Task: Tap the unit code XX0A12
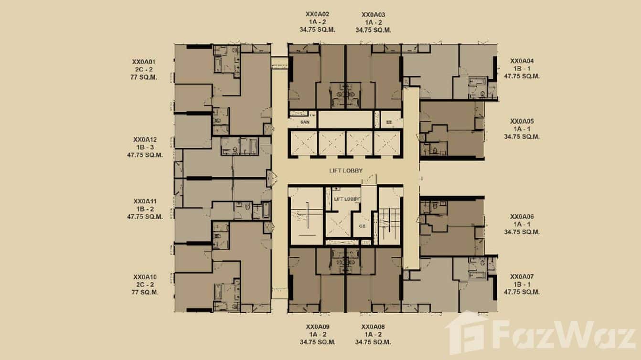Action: pos(145,139)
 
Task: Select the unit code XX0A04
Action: pos(522,61)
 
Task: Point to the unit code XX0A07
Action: pos(522,276)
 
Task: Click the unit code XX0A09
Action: pos(318,327)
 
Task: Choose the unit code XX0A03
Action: pos(373,14)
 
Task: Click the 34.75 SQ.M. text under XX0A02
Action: pos(318,30)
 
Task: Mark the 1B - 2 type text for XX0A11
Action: pos(145,209)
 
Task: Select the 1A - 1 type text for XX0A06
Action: pos(522,224)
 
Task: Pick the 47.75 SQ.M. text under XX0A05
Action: pos(522,137)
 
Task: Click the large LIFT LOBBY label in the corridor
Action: pos(345,170)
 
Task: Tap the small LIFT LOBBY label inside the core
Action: pos(346,199)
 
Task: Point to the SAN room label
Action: pos(305,123)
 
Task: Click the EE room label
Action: pos(389,123)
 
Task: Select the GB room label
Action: pos(362,227)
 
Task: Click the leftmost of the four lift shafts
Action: pos(303,143)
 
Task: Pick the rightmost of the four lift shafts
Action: pos(388,143)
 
